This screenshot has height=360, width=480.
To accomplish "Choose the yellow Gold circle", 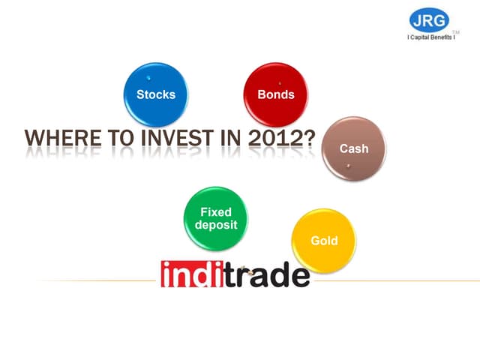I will click(324, 240).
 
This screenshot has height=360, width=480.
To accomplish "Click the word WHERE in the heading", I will click(56, 140).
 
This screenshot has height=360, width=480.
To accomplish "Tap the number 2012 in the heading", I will click(277, 140).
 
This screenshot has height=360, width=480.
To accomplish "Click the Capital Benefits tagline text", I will click(431, 37).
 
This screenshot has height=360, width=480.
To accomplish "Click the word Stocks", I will click(156, 95).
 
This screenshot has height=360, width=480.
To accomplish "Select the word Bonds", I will click(276, 95).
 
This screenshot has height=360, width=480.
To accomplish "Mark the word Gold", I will click(324, 241).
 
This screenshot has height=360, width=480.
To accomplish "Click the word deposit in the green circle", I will click(216, 225).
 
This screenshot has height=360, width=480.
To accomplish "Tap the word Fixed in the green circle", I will click(216, 213).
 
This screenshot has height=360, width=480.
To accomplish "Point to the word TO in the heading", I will click(111, 140).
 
